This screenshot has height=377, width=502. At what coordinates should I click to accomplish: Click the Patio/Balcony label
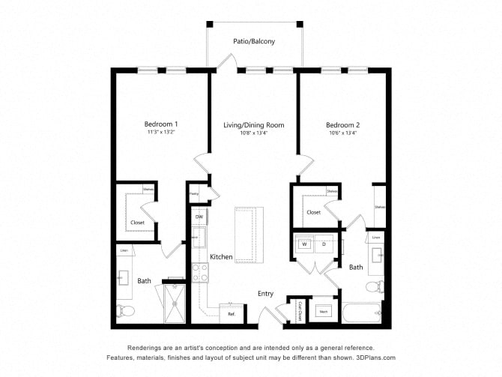click(x=254, y=42)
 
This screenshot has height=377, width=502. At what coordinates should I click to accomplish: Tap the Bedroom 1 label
click(x=161, y=124)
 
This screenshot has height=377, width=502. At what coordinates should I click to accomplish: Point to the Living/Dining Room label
click(x=253, y=124)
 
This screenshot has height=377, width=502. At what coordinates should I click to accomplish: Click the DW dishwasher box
click(x=199, y=217)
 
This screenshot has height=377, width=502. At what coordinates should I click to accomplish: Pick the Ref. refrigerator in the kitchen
click(x=231, y=313)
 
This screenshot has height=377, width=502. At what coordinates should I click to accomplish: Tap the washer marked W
click(x=305, y=244)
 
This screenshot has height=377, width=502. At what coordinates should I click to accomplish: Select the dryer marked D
click(x=324, y=244)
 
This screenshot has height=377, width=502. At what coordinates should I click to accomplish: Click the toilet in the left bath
click(x=125, y=310)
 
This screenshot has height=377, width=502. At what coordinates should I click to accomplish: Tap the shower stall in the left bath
click(x=175, y=304)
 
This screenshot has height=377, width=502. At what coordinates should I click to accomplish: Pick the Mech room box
click(x=324, y=311)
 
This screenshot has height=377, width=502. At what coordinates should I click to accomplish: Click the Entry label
click(x=266, y=294)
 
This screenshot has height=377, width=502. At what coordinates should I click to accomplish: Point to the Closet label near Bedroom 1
click(x=138, y=223)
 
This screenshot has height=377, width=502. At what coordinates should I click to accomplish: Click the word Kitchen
click(x=221, y=257)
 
